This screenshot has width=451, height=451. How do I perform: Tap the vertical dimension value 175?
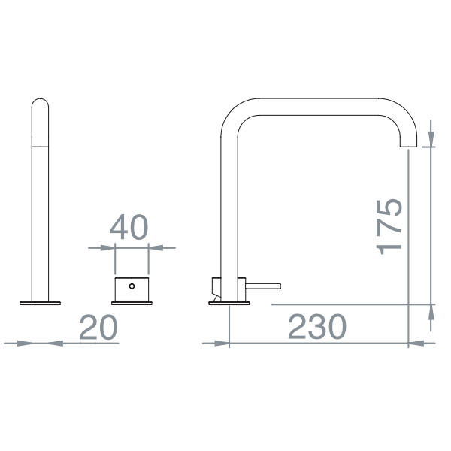[x=390, y=226]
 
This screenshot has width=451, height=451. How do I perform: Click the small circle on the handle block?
[x=132, y=286]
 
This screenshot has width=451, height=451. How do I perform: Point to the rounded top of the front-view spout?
[x=40, y=103]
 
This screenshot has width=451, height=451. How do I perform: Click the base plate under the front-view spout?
[x=40, y=304]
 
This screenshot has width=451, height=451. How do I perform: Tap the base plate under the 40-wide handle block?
[x=132, y=303]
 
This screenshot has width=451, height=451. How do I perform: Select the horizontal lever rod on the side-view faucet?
[x=263, y=286]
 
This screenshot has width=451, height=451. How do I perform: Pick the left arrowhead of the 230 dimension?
[x=219, y=344]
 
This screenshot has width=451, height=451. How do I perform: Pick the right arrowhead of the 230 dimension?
[x=416, y=344]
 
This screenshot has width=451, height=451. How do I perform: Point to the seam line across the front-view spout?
[x=40, y=138]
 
